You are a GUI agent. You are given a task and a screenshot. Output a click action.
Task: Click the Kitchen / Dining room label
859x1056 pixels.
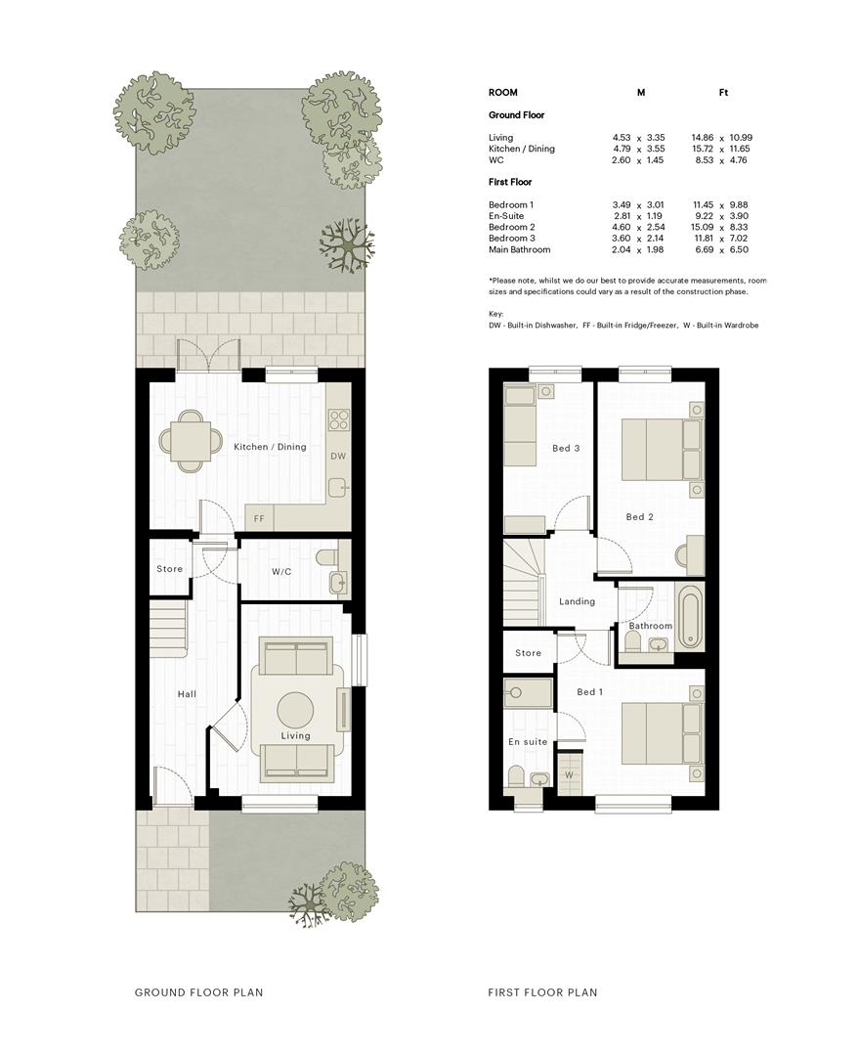(x=270, y=447)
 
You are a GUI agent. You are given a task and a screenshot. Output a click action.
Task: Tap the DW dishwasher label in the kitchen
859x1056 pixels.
(x=338, y=456)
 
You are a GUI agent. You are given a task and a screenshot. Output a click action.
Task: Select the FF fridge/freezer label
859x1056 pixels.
(x=259, y=519)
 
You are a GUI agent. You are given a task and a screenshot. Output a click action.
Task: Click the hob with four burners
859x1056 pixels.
(x=338, y=419)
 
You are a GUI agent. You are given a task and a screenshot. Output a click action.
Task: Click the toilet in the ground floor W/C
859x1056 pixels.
(x=325, y=558)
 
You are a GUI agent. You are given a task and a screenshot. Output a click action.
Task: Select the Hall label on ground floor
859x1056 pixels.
(x=188, y=693)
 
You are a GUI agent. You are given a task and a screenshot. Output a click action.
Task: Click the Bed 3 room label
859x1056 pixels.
(x=566, y=448)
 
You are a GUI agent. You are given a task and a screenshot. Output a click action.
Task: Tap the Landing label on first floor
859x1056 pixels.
(x=577, y=601)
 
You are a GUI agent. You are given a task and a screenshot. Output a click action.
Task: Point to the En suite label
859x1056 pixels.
(x=528, y=741)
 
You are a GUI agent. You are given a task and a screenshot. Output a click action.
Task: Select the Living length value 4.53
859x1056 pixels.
(x=622, y=138)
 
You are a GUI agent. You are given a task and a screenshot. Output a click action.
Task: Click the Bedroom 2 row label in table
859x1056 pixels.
(x=512, y=227)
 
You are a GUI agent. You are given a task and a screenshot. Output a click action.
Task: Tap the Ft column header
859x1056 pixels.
(x=724, y=92)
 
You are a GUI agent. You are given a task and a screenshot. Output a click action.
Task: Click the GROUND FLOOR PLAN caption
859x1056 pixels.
(x=198, y=992)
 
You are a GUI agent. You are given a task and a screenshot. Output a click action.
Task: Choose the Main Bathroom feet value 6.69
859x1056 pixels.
(x=705, y=249)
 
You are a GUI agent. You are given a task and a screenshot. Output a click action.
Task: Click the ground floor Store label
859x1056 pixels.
(x=170, y=568)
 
